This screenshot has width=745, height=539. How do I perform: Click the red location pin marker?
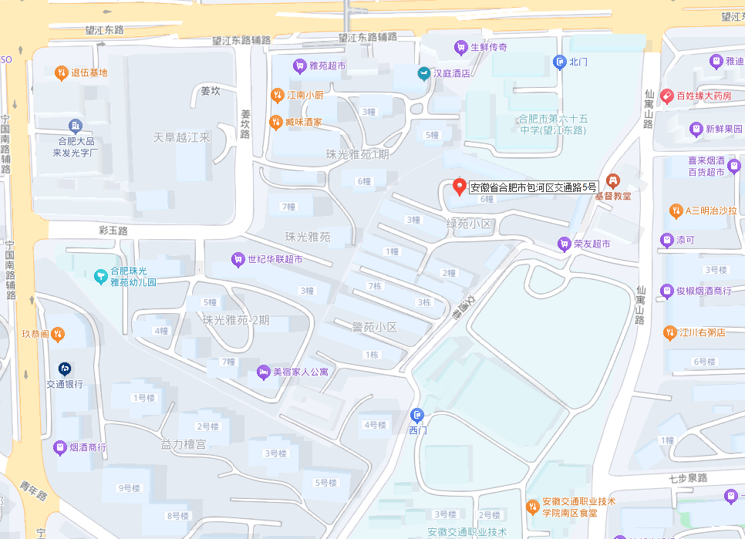[x=460, y=187]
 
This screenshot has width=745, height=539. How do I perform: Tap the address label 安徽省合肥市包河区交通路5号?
[x=534, y=187]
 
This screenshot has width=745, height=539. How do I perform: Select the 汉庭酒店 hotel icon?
[x=423, y=73]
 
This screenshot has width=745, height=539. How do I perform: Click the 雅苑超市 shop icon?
[x=298, y=66]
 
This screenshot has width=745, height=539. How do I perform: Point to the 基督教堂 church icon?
[x=613, y=181]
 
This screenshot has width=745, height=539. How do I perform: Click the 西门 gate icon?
[x=417, y=416]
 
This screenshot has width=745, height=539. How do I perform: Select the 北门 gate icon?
[x=560, y=62]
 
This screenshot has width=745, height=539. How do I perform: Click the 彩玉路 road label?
[x=113, y=231]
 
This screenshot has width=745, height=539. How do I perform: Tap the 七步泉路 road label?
[x=688, y=478]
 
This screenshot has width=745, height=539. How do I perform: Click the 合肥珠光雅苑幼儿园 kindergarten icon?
[x=99, y=276]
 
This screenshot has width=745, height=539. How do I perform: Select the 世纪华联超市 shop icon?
[x=238, y=259]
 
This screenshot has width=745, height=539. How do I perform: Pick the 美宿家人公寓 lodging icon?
[x=263, y=372]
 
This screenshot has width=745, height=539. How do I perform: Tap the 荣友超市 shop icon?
[x=564, y=244]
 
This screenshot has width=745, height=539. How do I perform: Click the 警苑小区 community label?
[x=373, y=327]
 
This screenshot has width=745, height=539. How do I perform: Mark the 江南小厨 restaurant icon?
[x=277, y=96]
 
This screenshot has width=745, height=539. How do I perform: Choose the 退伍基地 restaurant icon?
[x=61, y=73]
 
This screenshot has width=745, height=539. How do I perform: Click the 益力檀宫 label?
[x=184, y=445]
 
